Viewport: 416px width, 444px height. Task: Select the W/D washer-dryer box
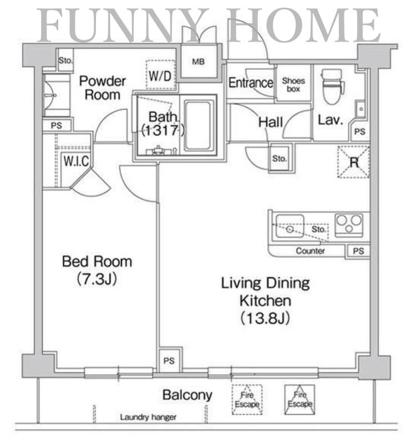tap(160, 75)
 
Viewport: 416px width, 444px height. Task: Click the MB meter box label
tap(198, 62)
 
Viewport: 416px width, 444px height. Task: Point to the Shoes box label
tap(293, 85)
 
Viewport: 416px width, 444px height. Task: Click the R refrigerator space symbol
tap(354, 162)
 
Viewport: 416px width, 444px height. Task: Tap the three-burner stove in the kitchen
tap(349, 225)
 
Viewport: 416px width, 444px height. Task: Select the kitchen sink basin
tap(290, 226)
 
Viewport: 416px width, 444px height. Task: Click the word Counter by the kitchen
tap(310, 251)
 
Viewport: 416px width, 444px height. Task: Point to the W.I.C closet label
tap(76, 161)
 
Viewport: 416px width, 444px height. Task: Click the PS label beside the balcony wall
tap(169, 361)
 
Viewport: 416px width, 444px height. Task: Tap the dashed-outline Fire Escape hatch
tap(247, 400)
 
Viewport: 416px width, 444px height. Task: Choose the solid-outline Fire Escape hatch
tap(300, 400)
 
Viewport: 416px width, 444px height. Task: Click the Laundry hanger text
tap(148, 417)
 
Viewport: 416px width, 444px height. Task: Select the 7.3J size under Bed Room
tap(97, 279)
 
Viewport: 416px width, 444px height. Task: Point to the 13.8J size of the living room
tap(265, 318)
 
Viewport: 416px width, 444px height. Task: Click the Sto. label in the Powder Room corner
tap(65, 60)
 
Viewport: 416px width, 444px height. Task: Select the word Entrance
tap(251, 83)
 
